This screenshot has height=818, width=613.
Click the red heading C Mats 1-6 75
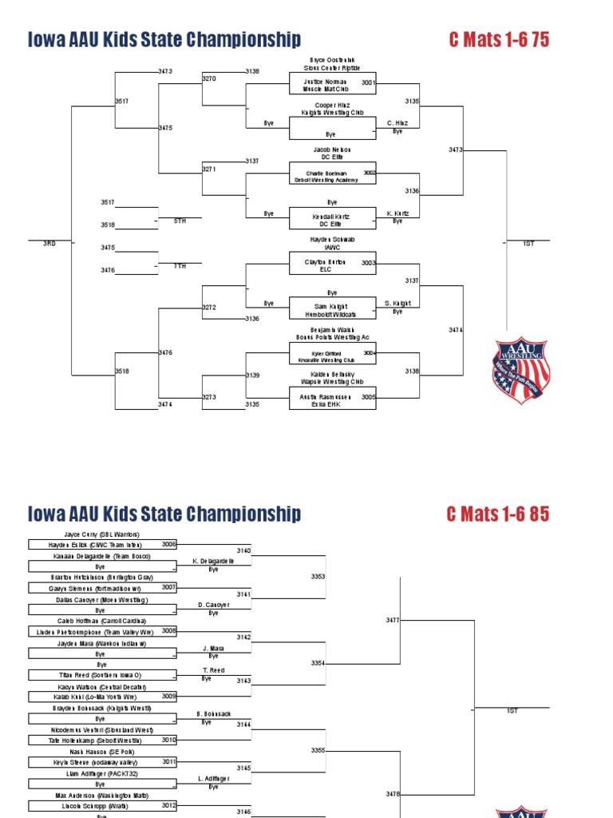(499, 40)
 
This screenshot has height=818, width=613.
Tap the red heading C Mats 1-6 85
(499, 514)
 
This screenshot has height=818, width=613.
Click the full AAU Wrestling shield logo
(521, 369)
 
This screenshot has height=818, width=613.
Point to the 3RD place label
(49, 243)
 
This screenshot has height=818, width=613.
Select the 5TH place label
(180, 220)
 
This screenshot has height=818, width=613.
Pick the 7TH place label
(180, 266)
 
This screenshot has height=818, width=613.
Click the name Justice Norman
(325, 81)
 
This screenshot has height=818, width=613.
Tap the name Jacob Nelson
(332, 149)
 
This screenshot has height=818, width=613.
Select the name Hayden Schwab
(332, 239)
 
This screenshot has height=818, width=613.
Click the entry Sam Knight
(332, 306)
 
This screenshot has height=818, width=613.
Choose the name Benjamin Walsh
(332, 329)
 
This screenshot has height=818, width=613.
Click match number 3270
(209, 78)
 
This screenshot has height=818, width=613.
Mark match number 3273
(209, 397)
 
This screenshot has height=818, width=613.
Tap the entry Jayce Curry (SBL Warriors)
(101, 534)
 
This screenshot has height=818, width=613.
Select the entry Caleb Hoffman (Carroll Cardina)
(101, 621)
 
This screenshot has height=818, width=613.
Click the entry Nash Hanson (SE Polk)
(101, 752)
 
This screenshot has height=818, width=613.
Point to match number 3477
(393, 620)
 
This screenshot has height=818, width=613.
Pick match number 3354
(318, 663)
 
